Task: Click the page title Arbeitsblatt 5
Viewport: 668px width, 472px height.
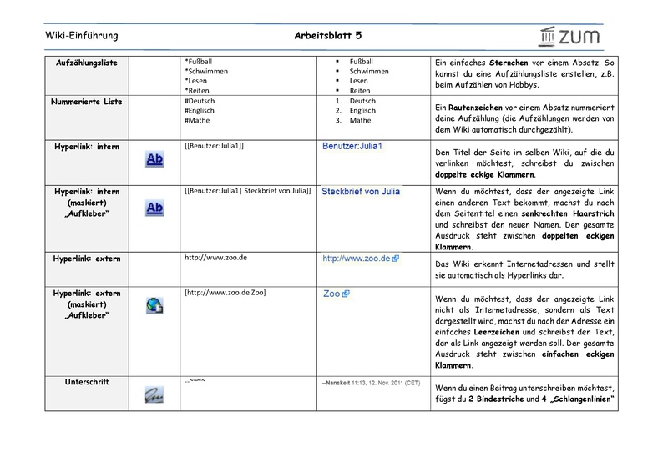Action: [328, 36]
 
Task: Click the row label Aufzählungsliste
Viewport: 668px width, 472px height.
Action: [87, 63]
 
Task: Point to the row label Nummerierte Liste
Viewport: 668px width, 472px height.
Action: [87, 102]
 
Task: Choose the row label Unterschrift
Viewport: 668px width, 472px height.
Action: [87, 382]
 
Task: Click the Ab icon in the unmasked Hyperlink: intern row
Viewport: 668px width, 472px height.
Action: [154, 159]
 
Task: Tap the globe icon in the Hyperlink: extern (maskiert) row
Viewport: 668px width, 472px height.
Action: [154, 305]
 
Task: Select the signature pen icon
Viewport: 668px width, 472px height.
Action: [154, 393]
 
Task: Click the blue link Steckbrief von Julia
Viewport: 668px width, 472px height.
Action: [361, 192]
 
